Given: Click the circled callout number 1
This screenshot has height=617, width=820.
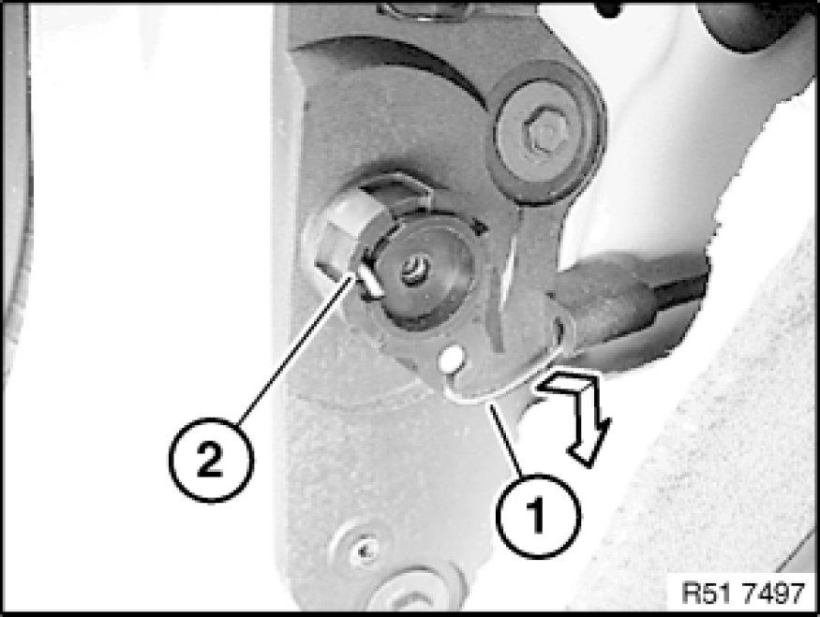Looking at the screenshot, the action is pyautogui.click(x=539, y=516).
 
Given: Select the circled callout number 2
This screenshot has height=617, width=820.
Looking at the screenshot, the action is pyautogui.click(x=211, y=461).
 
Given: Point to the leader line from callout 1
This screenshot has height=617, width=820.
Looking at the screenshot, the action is pyautogui.click(x=506, y=440).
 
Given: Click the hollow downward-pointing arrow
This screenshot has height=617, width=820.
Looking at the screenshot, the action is pyautogui.click(x=573, y=413).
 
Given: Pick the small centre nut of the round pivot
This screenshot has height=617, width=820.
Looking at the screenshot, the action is pyautogui.click(x=415, y=271).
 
